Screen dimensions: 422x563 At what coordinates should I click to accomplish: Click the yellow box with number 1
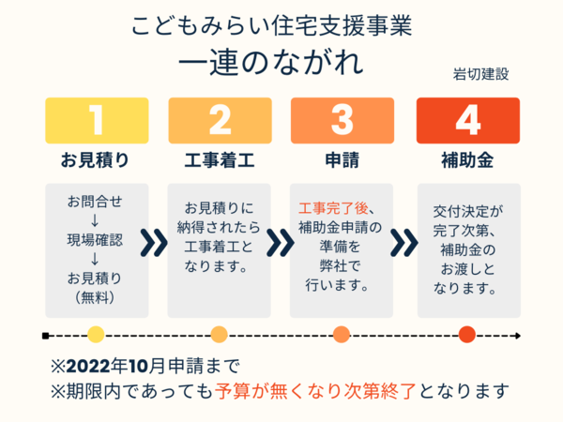(x=97, y=121)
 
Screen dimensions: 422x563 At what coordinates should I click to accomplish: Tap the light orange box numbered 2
(x=220, y=121)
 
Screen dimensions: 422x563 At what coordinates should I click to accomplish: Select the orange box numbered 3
(x=342, y=121)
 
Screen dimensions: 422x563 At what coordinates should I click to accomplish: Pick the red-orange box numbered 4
(x=466, y=121)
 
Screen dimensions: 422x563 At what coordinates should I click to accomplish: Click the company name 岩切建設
(x=480, y=73)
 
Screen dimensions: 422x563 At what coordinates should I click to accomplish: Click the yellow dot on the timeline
(x=96, y=334)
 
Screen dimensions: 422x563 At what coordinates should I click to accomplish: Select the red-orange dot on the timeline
(x=467, y=334)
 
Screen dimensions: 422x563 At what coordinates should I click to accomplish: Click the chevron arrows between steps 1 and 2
(x=154, y=243)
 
